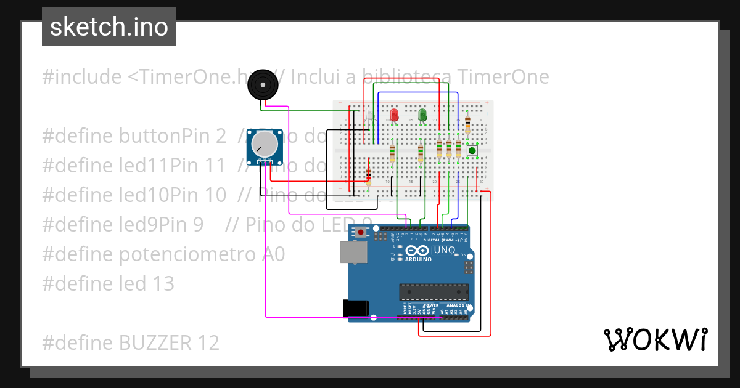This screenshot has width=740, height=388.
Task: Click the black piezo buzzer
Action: click(263, 85)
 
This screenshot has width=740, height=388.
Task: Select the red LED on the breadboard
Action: click(394, 115)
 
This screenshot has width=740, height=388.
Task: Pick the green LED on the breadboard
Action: click(422, 115)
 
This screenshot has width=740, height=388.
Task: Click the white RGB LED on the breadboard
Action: click(371, 115)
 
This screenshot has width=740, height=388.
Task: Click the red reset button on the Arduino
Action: click(361, 232)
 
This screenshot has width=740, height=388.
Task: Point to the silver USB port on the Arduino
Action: click(353, 252)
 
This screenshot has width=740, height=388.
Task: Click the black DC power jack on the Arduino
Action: click(356, 308)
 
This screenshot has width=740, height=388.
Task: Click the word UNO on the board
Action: click(444, 251)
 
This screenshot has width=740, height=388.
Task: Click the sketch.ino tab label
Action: click(109, 27)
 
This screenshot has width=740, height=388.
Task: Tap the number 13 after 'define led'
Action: click(163, 284)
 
